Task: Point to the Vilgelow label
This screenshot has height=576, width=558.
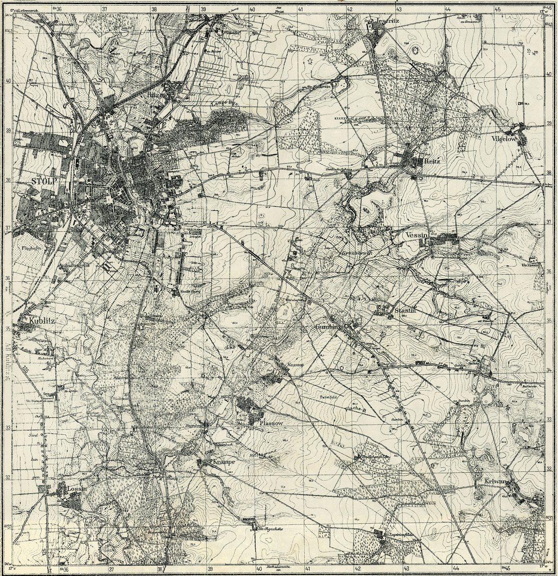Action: pos(507,138)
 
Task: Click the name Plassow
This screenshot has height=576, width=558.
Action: pos(271,423)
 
